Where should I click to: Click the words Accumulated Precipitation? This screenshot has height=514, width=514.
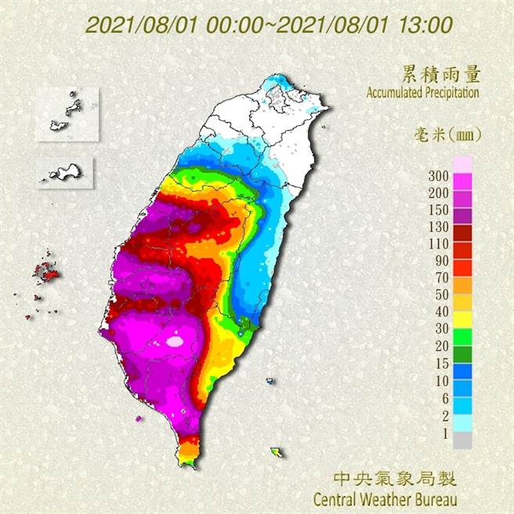tap(422, 92)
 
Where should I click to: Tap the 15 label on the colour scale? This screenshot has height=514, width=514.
tap(442, 361)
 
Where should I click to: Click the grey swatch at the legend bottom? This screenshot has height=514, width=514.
tap(463, 440)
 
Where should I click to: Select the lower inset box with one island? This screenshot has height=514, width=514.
tap(65, 170)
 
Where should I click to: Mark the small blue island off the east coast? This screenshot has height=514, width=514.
tap(270, 382)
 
